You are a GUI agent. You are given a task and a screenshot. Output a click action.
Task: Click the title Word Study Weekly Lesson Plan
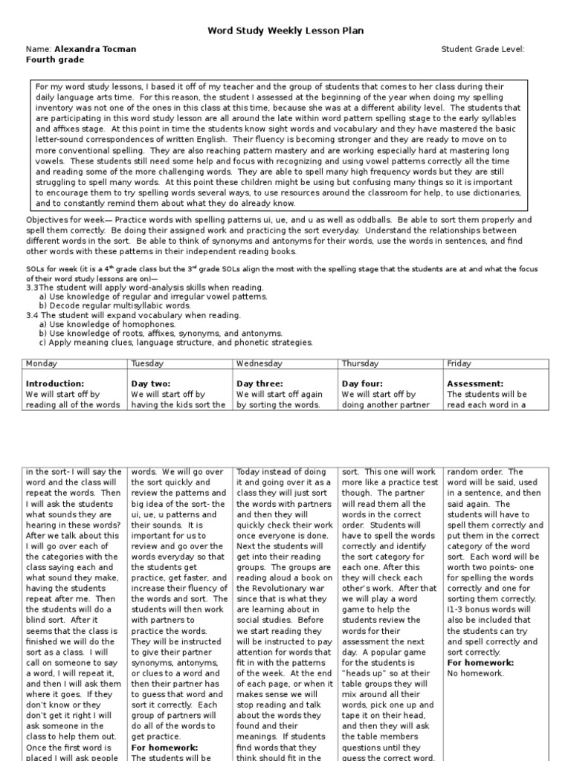285,30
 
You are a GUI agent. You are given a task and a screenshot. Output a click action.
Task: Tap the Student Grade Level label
483,49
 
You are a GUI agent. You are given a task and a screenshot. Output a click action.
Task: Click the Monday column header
42,363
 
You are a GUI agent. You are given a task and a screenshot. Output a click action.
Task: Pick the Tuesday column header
147,363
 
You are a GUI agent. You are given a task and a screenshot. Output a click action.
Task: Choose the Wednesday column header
259,363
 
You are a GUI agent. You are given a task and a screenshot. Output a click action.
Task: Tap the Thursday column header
361,363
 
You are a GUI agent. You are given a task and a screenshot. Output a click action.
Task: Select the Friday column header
459,363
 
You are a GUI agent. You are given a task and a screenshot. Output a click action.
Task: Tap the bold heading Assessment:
475,384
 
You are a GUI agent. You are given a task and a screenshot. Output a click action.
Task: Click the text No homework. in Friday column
476,673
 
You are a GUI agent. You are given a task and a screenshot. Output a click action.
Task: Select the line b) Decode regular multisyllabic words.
104,305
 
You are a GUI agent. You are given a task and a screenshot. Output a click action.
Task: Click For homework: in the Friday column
480,662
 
